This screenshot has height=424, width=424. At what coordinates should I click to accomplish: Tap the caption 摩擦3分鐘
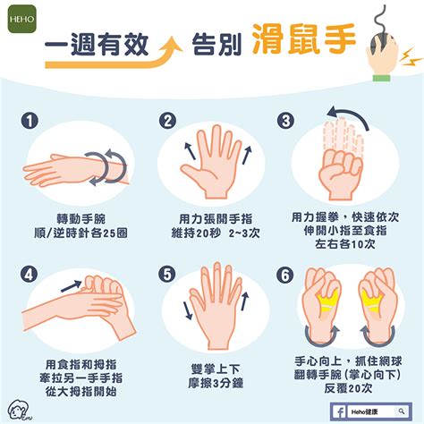tap(211, 383)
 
